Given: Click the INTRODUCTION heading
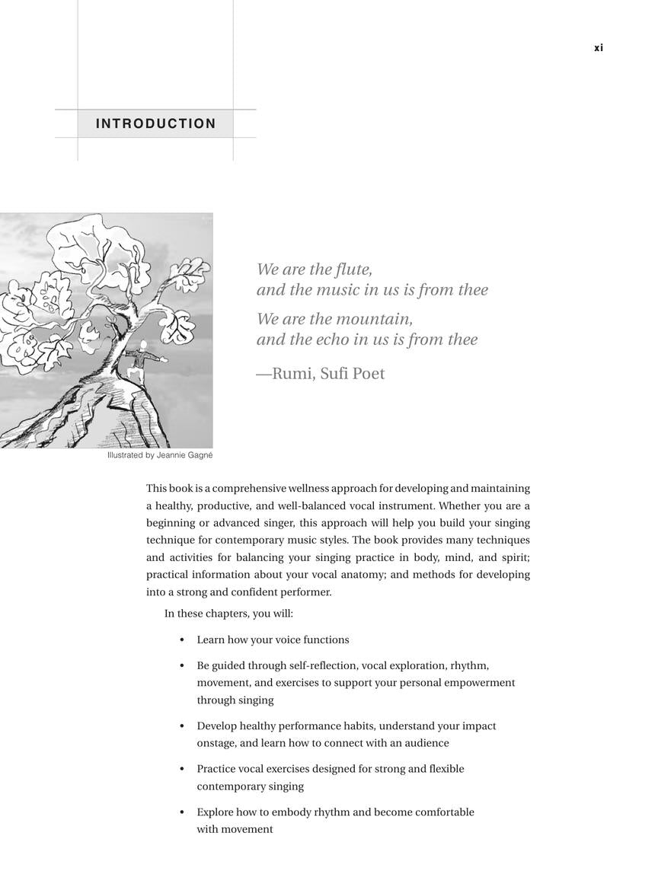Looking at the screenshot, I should pos(155,123).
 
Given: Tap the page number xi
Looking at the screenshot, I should pos(599,48).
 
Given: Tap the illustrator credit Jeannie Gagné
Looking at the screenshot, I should pos(184,455).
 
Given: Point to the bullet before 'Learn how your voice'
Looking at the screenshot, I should pos(181,640).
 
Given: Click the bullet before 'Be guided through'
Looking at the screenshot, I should pos(181,666).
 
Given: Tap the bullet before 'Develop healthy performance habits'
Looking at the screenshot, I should pos(181,727).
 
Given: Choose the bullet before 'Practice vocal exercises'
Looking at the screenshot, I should pos(181,770).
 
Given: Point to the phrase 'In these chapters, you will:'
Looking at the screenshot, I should pos(228,614).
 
